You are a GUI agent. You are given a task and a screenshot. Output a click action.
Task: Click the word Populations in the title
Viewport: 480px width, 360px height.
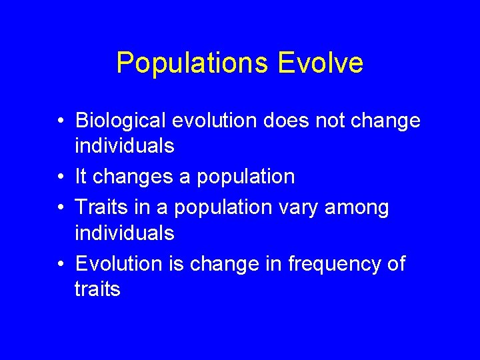[192, 63]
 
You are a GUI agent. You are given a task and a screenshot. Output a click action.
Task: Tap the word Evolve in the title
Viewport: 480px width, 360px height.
[320, 63]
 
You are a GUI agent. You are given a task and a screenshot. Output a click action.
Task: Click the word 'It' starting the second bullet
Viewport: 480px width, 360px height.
[81, 177]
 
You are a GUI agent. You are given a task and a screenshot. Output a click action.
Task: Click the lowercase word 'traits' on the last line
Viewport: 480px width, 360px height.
[97, 289]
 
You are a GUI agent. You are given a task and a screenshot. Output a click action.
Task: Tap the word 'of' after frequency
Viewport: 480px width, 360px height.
[394, 264]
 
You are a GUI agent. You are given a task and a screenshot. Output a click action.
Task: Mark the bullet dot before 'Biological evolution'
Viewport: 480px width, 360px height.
[60, 121]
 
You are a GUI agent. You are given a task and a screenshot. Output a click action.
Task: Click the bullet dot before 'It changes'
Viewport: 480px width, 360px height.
[60, 177]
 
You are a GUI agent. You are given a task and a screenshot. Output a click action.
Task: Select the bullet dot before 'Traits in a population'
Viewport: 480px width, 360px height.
[60, 208]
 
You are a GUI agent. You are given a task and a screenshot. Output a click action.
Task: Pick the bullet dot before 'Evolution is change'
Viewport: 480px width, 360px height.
[60, 265]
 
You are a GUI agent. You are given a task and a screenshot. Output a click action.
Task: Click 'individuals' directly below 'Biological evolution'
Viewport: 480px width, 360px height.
[125, 146]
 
